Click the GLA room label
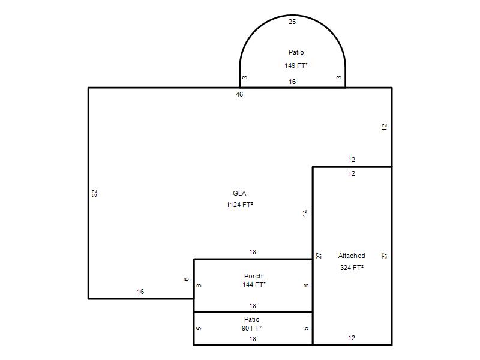point(239,193)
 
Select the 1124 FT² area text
point(239,205)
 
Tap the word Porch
point(253,276)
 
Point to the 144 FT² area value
point(254,284)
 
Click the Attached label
point(352,256)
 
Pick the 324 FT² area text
point(352,268)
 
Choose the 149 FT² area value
point(296,65)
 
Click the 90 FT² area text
point(251,328)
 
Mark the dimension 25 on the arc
point(292,22)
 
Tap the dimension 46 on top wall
point(239,94)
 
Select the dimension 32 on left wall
point(94,193)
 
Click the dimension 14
point(305,213)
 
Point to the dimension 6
point(186,279)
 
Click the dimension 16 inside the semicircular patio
point(292,82)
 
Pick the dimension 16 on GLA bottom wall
point(140,292)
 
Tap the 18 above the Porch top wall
point(253,252)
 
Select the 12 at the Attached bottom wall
point(352,338)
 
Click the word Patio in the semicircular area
point(296,52)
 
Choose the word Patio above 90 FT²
point(251,319)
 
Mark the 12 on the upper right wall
point(385,127)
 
